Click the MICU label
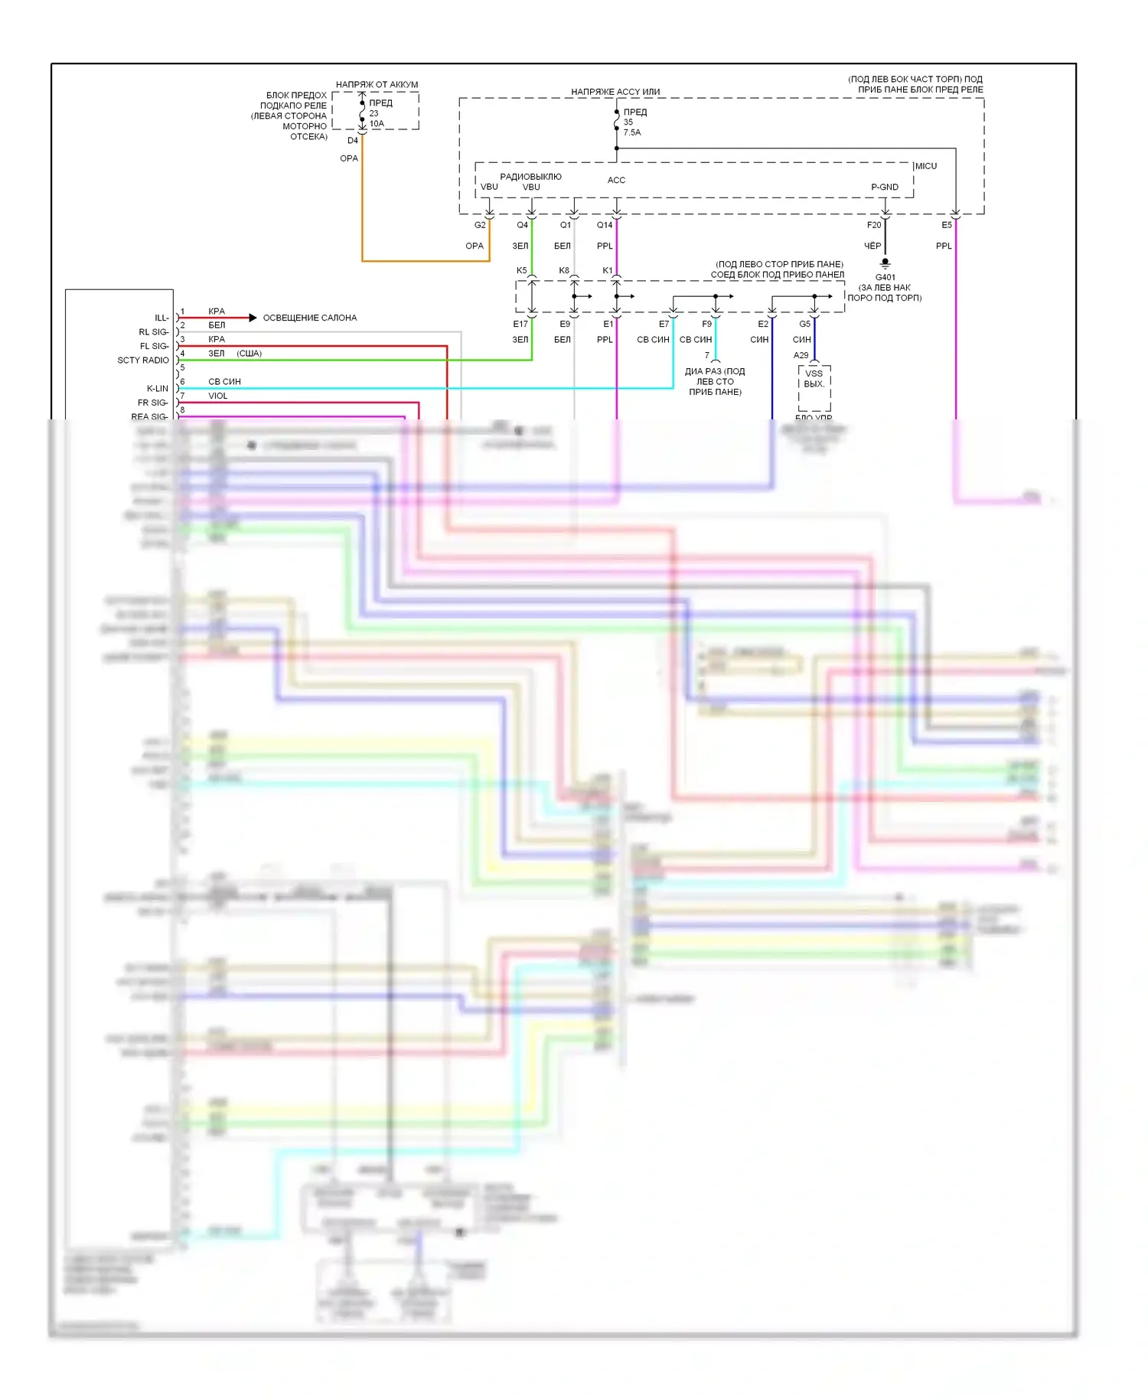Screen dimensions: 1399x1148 pyautogui.click(x=926, y=166)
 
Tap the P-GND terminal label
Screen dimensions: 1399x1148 pyautogui.click(x=885, y=187)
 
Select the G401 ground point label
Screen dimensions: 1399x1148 pyautogui.click(x=885, y=277)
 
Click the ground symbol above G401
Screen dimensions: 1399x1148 pyautogui.click(x=885, y=263)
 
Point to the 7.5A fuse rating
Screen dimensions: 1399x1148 pyautogui.click(x=632, y=132)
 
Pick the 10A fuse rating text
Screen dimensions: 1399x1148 pyautogui.click(x=377, y=123)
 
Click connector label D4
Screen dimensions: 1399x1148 pyautogui.click(x=353, y=141)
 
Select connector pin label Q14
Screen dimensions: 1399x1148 pyautogui.click(x=605, y=225)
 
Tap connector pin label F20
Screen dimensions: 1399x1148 pyautogui.click(x=874, y=225)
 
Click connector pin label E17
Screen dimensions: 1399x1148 pyautogui.click(x=520, y=324)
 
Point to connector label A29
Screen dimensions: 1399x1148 pyautogui.click(x=801, y=355)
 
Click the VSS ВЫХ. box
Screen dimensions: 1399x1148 pyautogui.click(x=814, y=380)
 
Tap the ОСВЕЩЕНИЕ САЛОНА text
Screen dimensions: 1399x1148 pyautogui.click(x=310, y=318)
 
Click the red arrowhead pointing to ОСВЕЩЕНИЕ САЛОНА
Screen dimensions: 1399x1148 pyautogui.click(x=253, y=318)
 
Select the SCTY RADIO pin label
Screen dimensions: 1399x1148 pyautogui.click(x=143, y=360)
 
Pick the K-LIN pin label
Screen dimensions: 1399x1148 pyautogui.click(x=158, y=388)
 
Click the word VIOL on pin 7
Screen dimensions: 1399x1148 pyautogui.click(x=218, y=396)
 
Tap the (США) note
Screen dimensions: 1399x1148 pyautogui.click(x=249, y=354)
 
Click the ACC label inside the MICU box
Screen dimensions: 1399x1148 pyautogui.click(x=616, y=180)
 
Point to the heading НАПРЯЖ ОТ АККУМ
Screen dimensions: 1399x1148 pyautogui.click(x=377, y=84)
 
